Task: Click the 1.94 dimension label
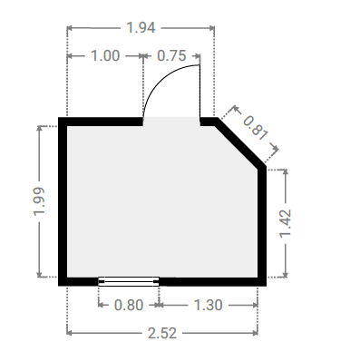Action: click(x=141, y=28)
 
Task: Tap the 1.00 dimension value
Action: click(x=105, y=56)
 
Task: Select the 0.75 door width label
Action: click(x=171, y=56)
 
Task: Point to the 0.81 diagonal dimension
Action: click(x=256, y=129)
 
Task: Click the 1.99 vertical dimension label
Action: click(x=39, y=201)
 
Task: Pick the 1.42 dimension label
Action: click(x=285, y=223)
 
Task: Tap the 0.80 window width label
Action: click(x=129, y=305)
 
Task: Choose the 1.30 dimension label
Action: click(x=208, y=305)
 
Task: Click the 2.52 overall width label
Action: click(x=162, y=333)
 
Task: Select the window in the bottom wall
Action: click(x=129, y=281)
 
